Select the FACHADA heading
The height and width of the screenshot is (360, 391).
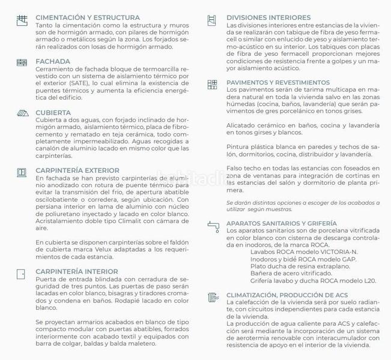(53, 62)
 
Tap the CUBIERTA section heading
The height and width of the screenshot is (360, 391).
(53, 112)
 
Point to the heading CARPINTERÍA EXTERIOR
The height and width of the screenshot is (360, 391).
(77, 170)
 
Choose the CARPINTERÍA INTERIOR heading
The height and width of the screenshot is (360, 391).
(76, 271)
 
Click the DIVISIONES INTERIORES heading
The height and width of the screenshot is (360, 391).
(268, 18)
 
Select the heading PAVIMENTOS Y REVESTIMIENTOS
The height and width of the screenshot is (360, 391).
(278, 83)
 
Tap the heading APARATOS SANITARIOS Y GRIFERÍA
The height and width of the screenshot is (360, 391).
(282, 224)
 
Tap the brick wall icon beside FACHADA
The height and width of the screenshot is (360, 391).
(22, 62)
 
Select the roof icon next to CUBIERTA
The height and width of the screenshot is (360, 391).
(22, 113)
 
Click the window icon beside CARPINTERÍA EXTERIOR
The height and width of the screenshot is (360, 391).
(22, 172)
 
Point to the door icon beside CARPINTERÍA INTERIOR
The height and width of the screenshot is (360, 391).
(22, 273)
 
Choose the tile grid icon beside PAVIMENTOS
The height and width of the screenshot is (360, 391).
(213, 85)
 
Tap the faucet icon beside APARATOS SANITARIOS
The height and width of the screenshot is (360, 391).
(213, 226)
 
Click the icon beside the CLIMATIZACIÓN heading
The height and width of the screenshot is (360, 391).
(213, 297)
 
